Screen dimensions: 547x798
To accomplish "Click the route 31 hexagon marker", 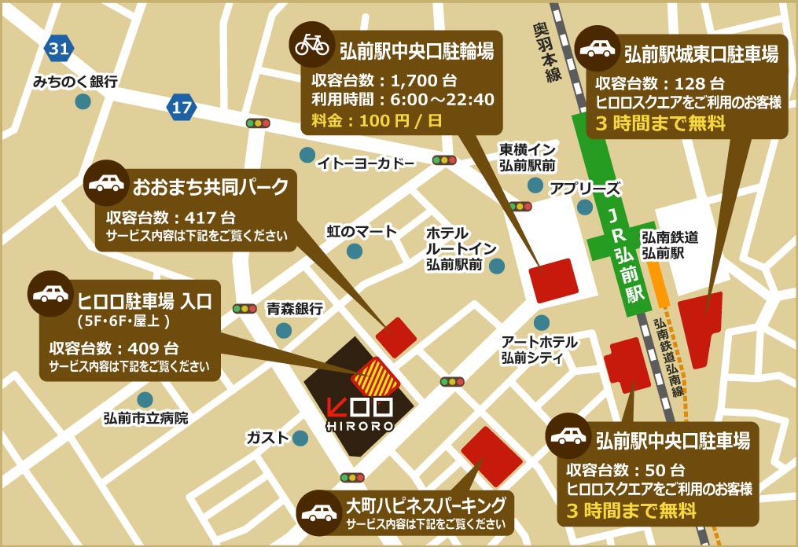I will [57, 49].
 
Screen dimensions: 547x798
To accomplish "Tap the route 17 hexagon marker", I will [182, 108].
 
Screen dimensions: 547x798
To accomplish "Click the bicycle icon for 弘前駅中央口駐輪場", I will [312, 44].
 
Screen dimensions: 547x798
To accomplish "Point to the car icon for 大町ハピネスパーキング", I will [318, 512].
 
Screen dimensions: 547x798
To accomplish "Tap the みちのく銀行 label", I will [75, 81].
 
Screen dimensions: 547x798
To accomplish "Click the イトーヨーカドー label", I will [366, 163].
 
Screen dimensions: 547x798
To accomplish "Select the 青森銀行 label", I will [295, 309].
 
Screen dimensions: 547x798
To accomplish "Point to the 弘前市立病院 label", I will [145, 418].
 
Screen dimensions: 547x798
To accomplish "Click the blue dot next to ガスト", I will [300, 437].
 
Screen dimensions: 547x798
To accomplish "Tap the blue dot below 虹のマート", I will [355, 251].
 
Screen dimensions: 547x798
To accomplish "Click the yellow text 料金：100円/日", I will [376, 121].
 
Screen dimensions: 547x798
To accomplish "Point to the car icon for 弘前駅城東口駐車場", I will [598, 50].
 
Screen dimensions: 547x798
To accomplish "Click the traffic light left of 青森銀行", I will [245, 309].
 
